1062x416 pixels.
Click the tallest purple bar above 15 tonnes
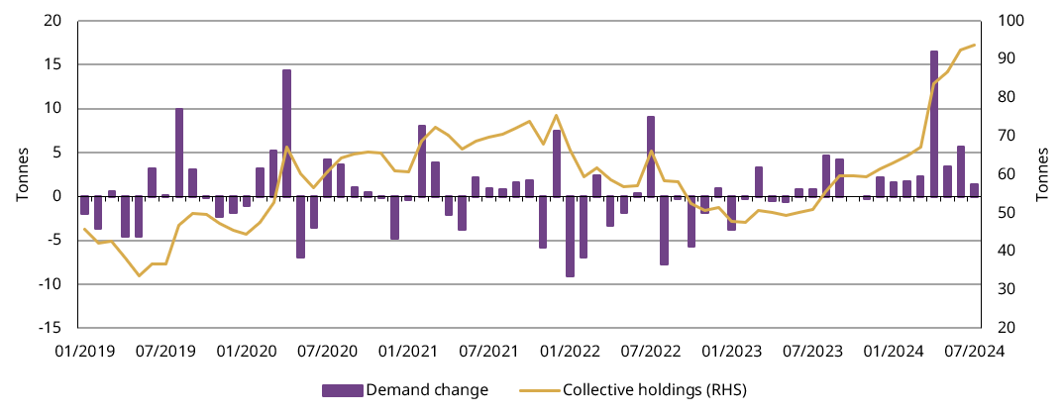933,123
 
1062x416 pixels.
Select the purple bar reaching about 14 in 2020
286,133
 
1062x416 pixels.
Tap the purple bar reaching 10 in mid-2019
179,153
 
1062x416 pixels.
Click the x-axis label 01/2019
84,351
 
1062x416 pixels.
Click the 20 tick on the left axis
53,21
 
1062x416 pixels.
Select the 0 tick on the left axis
56,196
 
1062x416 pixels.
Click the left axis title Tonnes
22,174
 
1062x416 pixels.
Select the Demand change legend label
427,390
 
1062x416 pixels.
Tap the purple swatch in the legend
343,390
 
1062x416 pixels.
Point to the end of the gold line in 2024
975,45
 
